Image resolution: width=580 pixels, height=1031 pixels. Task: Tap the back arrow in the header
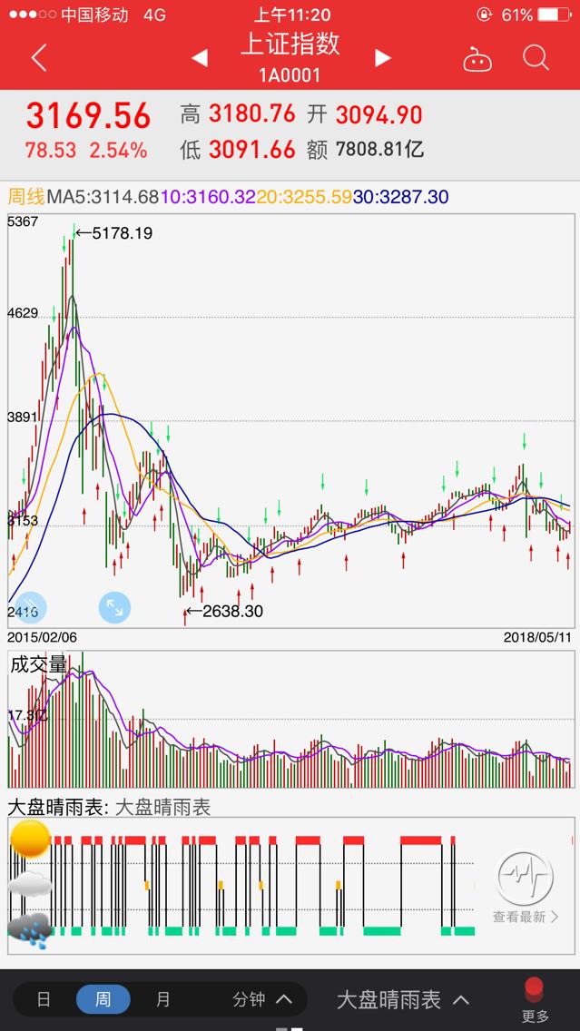(x=38, y=58)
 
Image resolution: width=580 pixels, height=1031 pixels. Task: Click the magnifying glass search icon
(x=536, y=58)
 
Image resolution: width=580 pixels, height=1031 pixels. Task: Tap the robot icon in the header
(x=477, y=60)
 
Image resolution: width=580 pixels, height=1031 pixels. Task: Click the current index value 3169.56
(x=88, y=116)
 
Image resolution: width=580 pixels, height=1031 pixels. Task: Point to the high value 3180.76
(x=252, y=113)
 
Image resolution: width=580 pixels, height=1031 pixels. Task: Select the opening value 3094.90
(x=378, y=114)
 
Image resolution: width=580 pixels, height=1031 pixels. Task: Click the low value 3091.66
(x=252, y=149)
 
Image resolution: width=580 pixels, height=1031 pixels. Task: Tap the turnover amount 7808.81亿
(x=379, y=149)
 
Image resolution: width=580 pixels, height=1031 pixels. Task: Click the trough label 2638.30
(x=231, y=612)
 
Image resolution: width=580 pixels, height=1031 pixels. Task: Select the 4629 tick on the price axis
(x=23, y=313)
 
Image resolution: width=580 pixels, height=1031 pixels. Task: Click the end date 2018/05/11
(x=538, y=638)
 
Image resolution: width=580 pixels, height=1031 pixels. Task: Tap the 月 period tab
(x=163, y=999)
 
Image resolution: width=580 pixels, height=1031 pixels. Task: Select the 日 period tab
(x=44, y=999)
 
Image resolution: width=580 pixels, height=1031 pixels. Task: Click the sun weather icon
(x=30, y=839)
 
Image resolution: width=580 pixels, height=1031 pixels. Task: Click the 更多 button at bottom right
(x=535, y=998)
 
